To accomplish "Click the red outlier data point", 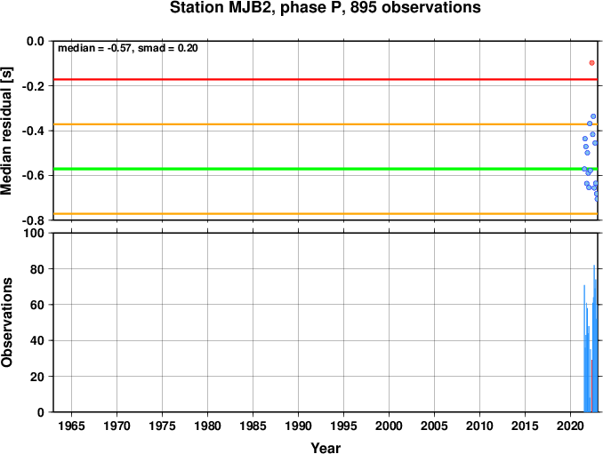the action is (x=591, y=62).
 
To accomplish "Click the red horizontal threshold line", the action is (x=326, y=79).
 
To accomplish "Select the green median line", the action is (x=326, y=169).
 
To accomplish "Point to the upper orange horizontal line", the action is (x=326, y=124).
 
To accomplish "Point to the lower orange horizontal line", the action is (x=326, y=213).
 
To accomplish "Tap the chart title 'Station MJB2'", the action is (x=222, y=8).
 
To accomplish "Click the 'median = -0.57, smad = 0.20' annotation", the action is (x=128, y=48).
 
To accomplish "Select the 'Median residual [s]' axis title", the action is (x=6, y=131).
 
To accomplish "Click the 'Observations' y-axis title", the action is (x=6, y=323).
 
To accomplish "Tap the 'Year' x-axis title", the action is (x=326, y=448).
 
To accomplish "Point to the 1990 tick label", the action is (x=299, y=426).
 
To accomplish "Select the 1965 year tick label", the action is (x=71, y=426).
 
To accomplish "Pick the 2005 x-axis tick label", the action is (x=435, y=426).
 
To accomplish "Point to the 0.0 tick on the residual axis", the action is (x=36, y=41).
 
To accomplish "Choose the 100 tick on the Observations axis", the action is (x=34, y=233).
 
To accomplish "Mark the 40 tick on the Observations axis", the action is (x=37, y=340).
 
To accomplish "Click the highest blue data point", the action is (x=593, y=116).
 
